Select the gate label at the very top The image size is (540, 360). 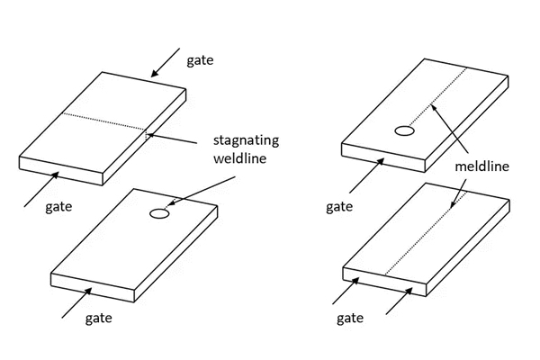click(x=200, y=60)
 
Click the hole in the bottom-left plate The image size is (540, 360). click(x=158, y=213)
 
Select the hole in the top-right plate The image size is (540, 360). click(x=406, y=131)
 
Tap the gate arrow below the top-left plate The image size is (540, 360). click(x=41, y=184)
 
